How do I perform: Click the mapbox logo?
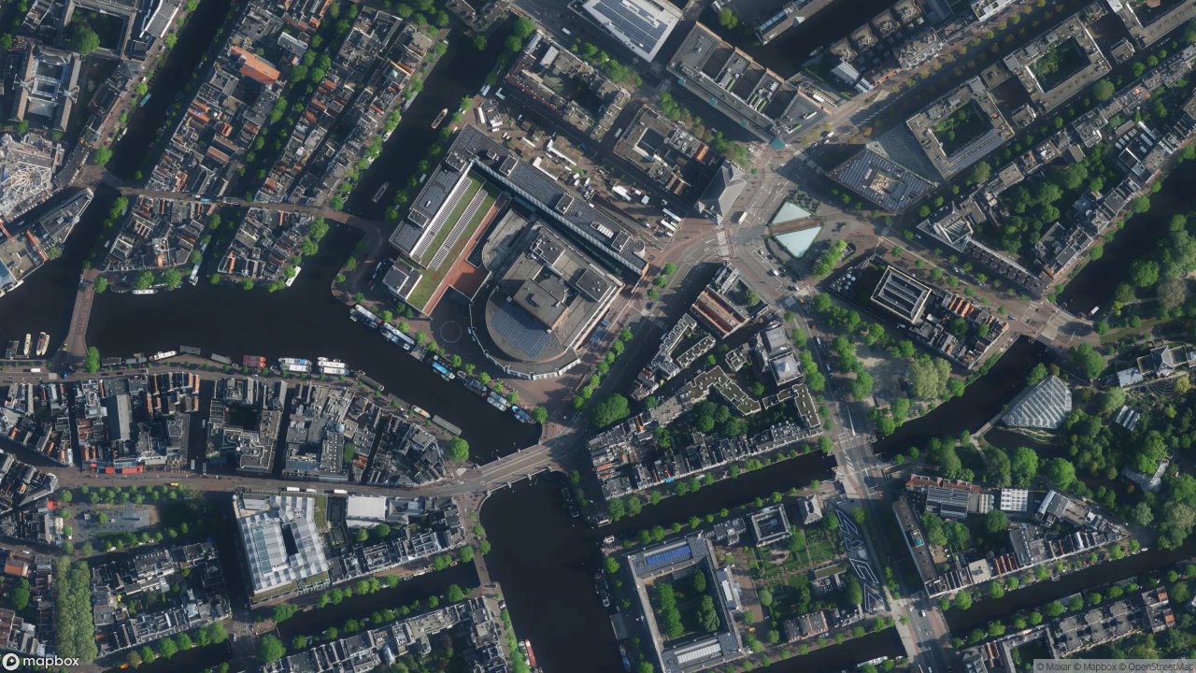click(40, 662)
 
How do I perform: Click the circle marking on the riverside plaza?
click(451, 331)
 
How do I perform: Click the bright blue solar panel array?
click(667, 556)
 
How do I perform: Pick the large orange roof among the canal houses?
click(255, 65)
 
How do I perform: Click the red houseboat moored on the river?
click(253, 361)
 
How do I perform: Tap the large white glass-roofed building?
click(279, 542)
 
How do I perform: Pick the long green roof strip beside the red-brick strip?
click(453, 229)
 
